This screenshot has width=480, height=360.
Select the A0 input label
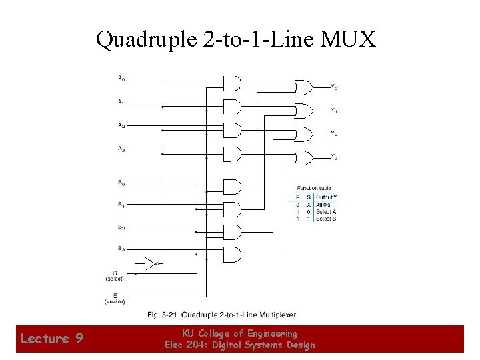pyautogui.click(x=121, y=79)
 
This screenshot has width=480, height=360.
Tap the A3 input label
pyautogui.click(x=121, y=149)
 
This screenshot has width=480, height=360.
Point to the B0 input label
pyautogui.click(x=121, y=182)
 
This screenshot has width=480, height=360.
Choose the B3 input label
pyautogui.click(x=121, y=249)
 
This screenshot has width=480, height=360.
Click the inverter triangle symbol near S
pyautogui.click(x=149, y=263)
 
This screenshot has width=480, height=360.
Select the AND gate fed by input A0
pyautogui.click(x=231, y=83)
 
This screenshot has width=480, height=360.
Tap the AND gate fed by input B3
pyautogui.click(x=231, y=253)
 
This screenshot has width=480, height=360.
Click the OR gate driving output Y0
pyautogui.click(x=303, y=87)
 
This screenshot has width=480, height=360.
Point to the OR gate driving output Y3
pyautogui.click(x=303, y=158)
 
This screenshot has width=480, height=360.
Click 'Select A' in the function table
pyautogui.click(x=326, y=212)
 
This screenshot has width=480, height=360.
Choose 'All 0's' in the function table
pyautogui.click(x=324, y=205)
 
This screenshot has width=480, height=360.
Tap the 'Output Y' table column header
pyautogui.click(x=326, y=197)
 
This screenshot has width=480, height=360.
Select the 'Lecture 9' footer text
pyautogui.click(x=51, y=339)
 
